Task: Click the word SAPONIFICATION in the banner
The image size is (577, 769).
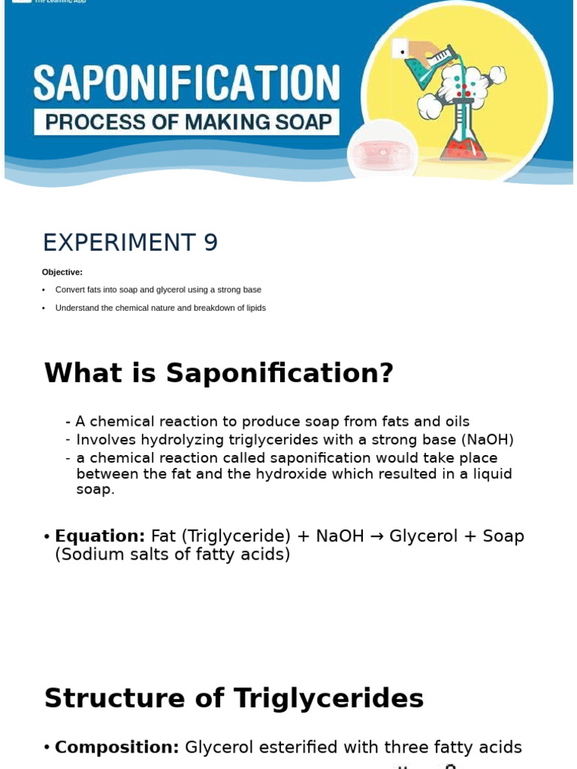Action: [x=186, y=83]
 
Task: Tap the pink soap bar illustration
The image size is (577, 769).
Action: [x=382, y=152]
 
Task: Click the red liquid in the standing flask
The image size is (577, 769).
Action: [x=462, y=146]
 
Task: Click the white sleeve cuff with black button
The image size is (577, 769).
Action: [x=400, y=50]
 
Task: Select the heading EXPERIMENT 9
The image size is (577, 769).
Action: [x=130, y=243]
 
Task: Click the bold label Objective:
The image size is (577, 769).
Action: [x=62, y=273]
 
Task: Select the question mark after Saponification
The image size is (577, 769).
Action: [x=386, y=373]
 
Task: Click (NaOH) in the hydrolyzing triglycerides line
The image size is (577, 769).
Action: [x=488, y=440]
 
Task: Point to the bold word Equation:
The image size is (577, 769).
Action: [x=100, y=536]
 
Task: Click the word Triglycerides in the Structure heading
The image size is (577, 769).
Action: [x=328, y=698]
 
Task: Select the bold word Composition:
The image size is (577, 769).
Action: [x=117, y=747]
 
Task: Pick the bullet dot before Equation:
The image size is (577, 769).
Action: [x=47, y=537]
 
